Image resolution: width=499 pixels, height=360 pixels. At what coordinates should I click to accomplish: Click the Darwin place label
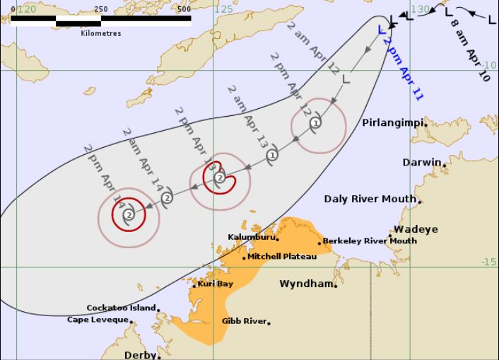click(x=422, y=163)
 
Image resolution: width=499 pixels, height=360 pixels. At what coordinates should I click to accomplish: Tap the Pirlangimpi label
click(x=392, y=123)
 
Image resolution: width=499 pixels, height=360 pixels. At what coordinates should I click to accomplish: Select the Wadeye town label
click(x=416, y=229)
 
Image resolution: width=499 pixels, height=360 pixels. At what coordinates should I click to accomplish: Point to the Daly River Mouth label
click(x=370, y=199)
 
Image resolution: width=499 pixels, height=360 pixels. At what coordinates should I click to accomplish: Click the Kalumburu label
click(x=250, y=237)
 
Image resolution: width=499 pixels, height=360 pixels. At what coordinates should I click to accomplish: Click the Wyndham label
click(x=305, y=284)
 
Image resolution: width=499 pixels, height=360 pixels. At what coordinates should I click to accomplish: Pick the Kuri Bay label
click(x=215, y=284)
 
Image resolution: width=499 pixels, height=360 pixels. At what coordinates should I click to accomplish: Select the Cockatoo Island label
click(x=121, y=308)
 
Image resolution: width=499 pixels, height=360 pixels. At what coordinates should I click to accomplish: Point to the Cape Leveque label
click(x=98, y=320)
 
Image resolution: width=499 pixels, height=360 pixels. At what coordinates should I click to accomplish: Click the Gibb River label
click(x=244, y=321)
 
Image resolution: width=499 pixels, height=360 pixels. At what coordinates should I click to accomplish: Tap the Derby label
click(x=139, y=355)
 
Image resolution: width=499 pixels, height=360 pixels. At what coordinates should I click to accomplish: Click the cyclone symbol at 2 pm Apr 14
click(x=129, y=214)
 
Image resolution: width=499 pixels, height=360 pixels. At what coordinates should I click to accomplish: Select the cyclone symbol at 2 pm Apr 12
click(x=315, y=123)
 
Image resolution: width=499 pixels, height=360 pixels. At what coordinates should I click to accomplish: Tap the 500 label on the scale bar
click(x=184, y=9)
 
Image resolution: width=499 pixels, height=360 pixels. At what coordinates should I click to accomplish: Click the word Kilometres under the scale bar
click(x=101, y=33)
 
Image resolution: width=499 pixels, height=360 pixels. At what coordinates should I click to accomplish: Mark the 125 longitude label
click(x=223, y=9)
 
